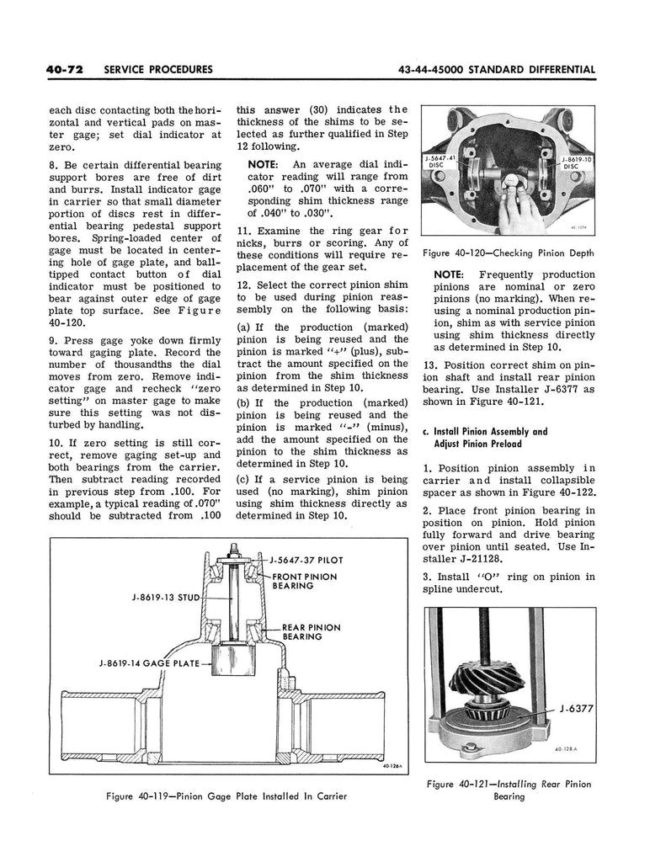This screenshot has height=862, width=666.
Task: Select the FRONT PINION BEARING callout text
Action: pos(304,581)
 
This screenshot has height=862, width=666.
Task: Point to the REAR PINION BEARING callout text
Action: pos(311,632)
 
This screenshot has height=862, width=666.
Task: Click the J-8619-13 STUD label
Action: pos(164,599)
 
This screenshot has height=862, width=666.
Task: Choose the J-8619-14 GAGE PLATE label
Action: pos(148,663)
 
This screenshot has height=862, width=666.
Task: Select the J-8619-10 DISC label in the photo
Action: pos(575,162)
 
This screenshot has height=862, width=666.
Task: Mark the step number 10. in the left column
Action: pos(57,442)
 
